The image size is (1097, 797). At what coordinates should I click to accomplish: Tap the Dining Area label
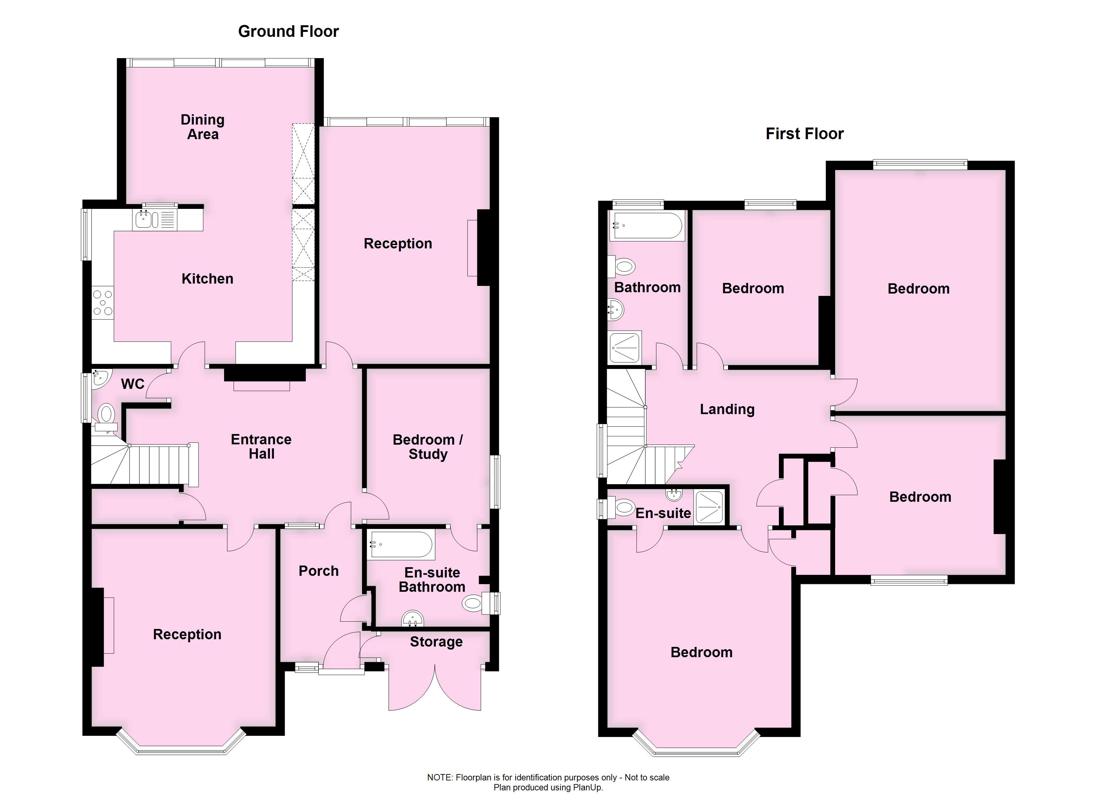coord(203,127)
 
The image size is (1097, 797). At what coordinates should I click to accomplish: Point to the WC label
coord(133,384)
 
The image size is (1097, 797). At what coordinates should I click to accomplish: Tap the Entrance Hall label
coord(261,447)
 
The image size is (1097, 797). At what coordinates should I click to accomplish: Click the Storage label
coord(436,642)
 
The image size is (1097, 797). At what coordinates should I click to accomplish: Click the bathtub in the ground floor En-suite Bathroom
coord(401,545)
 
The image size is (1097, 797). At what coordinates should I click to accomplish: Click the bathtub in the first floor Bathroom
coord(646,226)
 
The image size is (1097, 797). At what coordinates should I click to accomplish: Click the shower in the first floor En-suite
coord(709,507)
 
